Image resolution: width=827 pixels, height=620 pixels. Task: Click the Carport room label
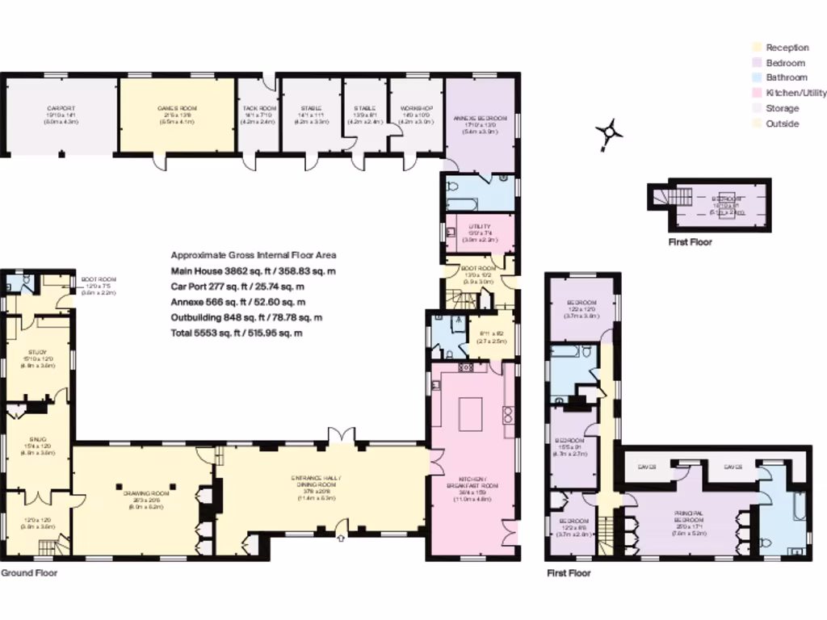pyautogui.click(x=61, y=108)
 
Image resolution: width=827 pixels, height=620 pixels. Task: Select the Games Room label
pyautogui.click(x=177, y=108)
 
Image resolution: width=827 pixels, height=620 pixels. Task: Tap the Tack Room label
pyautogui.click(x=259, y=108)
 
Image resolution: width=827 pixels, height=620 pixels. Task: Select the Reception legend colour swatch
pyautogui.click(x=757, y=48)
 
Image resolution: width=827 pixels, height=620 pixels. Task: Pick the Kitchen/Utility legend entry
pyautogui.click(x=796, y=94)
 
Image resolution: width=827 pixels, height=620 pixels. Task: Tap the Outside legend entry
pyautogui.click(x=782, y=124)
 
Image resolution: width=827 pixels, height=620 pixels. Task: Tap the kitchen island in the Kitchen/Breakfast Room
pyautogui.click(x=471, y=415)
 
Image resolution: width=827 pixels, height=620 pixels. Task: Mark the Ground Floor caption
pyautogui.click(x=28, y=572)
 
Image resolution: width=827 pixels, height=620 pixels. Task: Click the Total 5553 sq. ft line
pyautogui.click(x=237, y=333)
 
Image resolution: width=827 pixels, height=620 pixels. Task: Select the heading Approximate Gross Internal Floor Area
pyautogui.click(x=254, y=254)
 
